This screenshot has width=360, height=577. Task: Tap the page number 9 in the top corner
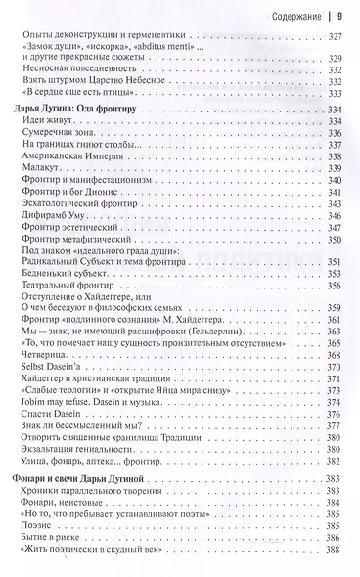(339, 15)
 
